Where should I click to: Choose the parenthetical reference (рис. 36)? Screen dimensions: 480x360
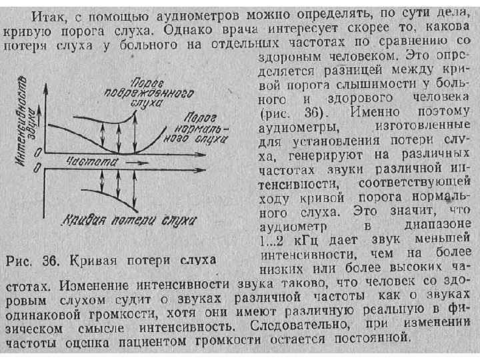point(293,111)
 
